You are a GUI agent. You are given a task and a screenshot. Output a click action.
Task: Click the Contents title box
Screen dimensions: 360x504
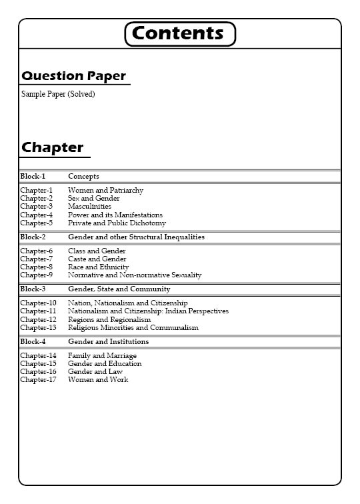click(180, 33)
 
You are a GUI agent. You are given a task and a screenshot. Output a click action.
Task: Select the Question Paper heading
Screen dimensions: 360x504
click(73, 76)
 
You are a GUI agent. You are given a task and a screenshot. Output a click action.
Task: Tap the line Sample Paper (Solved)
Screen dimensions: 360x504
click(58, 94)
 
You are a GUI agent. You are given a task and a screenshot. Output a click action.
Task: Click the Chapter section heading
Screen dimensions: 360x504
click(53, 147)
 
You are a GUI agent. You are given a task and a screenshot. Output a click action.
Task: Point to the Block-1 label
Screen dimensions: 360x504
click(33, 177)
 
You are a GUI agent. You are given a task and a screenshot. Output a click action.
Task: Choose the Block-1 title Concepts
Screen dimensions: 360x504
click(83, 177)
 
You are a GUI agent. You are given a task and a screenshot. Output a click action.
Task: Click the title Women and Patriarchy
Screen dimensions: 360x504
click(105, 191)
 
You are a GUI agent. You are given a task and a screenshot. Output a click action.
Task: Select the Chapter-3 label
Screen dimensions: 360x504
click(36, 207)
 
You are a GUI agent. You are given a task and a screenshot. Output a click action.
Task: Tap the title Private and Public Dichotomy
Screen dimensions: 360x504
click(117, 223)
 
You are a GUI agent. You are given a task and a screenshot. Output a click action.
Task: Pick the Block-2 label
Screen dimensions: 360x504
click(33, 237)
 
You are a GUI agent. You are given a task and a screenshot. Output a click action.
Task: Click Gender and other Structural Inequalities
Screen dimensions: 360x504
click(136, 237)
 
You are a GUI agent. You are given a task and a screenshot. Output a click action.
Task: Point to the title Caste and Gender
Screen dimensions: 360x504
click(97, 259)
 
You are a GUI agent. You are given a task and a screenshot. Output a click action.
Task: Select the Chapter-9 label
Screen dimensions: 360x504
click(36, 275)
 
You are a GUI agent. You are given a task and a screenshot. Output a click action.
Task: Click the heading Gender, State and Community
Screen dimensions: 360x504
click(119, 289)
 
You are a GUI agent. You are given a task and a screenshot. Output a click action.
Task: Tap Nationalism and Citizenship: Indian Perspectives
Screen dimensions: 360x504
click(148, 311)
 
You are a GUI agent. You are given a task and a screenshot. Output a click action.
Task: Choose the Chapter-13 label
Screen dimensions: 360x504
click(38, 328)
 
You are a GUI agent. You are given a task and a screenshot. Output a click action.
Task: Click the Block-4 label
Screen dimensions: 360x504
click(33, 342)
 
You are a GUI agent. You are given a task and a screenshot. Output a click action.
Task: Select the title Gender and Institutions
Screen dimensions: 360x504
click(108, 342)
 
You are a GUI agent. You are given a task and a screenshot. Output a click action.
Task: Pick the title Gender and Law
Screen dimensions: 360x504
click(95, 372)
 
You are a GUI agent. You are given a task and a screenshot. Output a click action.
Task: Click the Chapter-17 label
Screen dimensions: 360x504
click(38, 380)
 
